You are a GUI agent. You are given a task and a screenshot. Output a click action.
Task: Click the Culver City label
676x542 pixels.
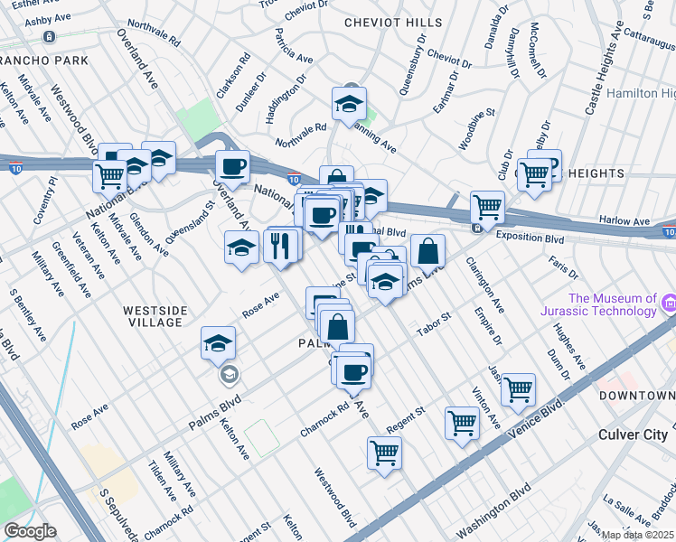coord(633,435)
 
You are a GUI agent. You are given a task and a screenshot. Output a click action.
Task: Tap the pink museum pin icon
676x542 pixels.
coord(669,304)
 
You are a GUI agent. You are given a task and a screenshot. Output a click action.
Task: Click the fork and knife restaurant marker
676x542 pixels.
coord(281,245)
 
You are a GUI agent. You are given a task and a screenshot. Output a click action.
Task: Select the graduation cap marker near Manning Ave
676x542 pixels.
coord(348,105)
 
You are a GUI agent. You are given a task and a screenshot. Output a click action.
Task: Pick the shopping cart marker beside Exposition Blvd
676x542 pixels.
coord(487,207)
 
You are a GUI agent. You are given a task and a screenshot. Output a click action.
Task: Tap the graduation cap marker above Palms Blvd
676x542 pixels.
coord(219,344)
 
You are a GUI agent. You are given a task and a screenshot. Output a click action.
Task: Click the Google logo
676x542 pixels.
coord(30,531)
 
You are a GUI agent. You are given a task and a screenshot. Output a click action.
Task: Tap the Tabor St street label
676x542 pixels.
coord(433,323)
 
